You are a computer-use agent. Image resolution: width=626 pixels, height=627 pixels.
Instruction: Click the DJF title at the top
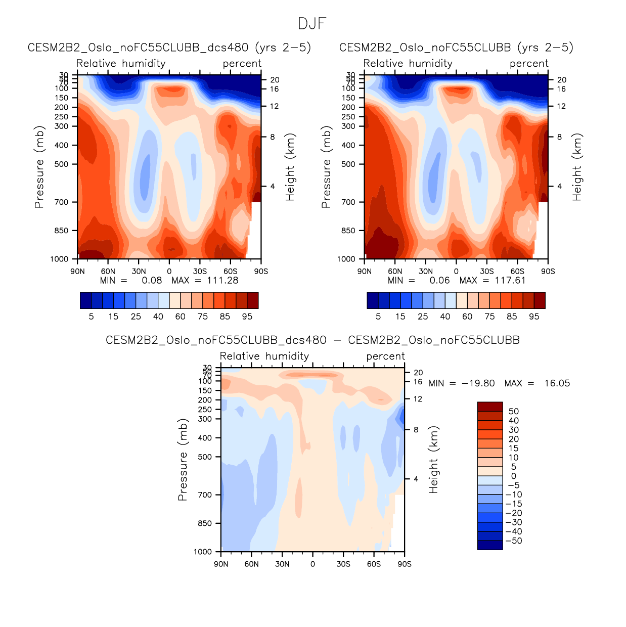point(312,24)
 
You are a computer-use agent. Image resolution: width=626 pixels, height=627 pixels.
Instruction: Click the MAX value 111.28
point(222,281)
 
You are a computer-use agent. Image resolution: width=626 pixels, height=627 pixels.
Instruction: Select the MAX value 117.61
point(510,281)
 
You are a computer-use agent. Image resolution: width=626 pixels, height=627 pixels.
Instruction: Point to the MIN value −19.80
point(478,383)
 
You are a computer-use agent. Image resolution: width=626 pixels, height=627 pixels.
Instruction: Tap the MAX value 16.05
point(557,383)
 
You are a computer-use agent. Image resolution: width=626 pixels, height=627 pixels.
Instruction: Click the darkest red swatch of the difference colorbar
point(490,407)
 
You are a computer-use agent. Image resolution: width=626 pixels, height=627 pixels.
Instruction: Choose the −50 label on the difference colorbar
point(514,541)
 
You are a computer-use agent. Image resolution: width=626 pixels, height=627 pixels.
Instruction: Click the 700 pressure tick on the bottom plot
point(205,495)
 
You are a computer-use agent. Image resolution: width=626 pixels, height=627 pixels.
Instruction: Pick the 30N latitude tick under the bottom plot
point(282,564)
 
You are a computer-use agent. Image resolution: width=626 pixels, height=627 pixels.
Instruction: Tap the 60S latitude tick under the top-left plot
point(231,272)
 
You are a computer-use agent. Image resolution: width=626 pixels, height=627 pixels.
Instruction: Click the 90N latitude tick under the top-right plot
point(365,272)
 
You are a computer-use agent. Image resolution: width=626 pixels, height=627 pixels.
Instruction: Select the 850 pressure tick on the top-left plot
point(62,231)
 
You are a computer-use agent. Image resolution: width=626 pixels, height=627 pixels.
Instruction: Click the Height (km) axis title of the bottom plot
point(433,460)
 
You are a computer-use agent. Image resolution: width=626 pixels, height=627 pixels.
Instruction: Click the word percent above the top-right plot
point(529,64)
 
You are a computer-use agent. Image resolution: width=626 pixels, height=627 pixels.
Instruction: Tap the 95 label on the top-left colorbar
point(247,317)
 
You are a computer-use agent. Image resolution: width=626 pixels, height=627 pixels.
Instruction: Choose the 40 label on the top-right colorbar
point(445,317)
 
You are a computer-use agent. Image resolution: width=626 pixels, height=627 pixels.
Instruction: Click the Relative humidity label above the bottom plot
point(264,356)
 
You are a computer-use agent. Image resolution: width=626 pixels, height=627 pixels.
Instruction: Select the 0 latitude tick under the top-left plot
point(169,272)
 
